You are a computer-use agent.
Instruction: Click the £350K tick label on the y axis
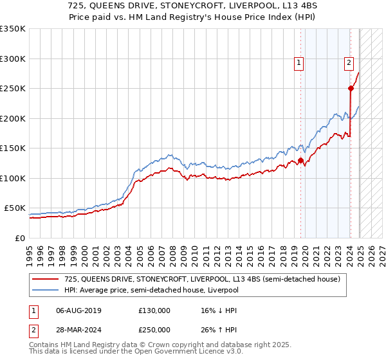pyautogui.click(x=13, y=29)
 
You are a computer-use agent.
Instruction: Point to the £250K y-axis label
pyautogui.click(x=13, y=88)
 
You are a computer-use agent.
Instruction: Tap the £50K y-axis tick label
pyautogui.click(x=15, y=208)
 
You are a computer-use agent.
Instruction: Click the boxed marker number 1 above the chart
pyautogui.click(x=300, y=62)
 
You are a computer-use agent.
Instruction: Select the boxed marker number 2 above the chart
pyautogui.click(x=349, y=62)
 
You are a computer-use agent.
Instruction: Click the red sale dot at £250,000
pyautogui.click(x=351, y=89)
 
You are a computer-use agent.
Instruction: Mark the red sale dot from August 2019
pyautogui.click(x=300, y=161)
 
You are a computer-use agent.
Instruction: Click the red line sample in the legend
pyautogui.click(x=46, y=278)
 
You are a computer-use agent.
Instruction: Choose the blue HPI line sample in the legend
pyautogui.click(x=46, y=290)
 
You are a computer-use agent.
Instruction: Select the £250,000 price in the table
pyautogui.click(x=154, y=331)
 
